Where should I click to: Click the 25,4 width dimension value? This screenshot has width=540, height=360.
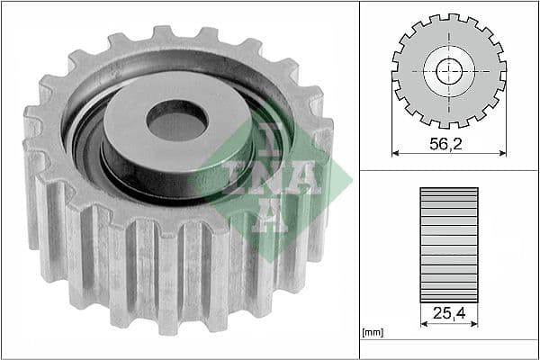(x=449, y=315)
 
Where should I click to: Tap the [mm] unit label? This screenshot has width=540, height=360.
(x=372, y=332)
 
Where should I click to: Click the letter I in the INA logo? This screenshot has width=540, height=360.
(x=237, y=178)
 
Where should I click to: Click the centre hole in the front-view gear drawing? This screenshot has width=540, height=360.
(x=449, y=70)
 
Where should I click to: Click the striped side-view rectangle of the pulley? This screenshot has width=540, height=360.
(x=449, y=243)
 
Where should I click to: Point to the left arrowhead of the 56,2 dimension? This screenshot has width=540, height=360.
(x=397, y=152)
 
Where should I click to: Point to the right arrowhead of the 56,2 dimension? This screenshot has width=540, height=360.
(x=501, y=152)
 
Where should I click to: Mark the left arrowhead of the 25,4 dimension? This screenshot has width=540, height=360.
(x=423, y=325)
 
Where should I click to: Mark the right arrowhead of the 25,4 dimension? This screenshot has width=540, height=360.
(x=475, y=325)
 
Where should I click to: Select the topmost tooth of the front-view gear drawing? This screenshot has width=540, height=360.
(x=449, y=18)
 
